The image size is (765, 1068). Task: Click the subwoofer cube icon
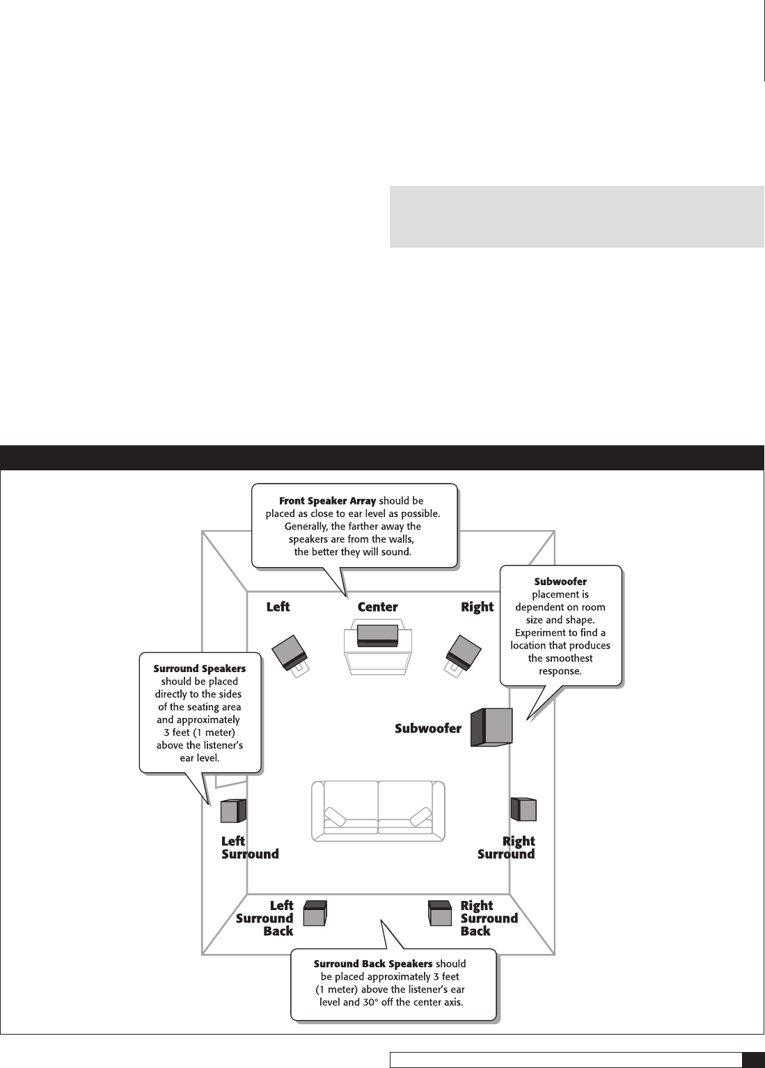tap(492, 727)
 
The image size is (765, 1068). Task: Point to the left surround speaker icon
tap(233, 811)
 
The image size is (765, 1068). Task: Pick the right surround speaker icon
tap(523, 809)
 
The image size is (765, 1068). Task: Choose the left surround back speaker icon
tap(315, 913)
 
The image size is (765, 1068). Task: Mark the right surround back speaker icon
tap(441, 913)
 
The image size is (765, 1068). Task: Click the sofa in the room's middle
tap(378, 810)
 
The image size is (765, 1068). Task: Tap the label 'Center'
tap(377, 607)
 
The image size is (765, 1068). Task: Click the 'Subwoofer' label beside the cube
tap(428, 728)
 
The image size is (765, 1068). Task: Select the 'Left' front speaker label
tap(278, 607)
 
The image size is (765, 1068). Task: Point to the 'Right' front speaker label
tap(477, 607)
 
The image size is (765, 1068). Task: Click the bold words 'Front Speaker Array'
tap(327, 501)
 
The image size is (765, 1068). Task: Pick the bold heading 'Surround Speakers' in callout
tap(199, 669)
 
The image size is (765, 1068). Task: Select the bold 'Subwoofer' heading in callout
tap(560, 581)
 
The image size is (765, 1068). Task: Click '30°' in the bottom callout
tap(372, 1003)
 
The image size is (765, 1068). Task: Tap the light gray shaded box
tap(576, 216)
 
